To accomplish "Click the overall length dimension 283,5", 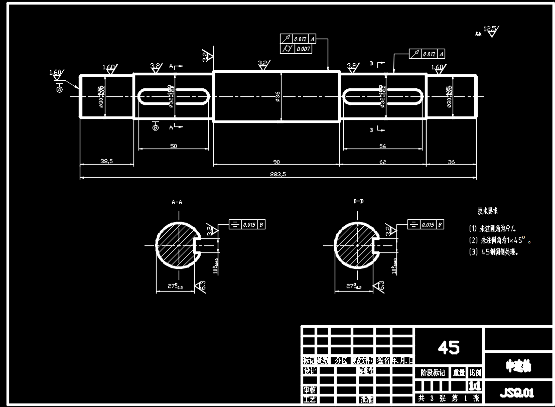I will (277, 174).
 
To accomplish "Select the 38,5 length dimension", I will (106, 161).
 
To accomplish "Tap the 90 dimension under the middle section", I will (276, 161).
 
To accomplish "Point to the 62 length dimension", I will (383, 161).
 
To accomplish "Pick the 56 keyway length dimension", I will (383, 146).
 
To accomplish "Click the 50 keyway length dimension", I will (174, 146).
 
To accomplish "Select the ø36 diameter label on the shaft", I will (277, 97).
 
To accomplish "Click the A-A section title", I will (177, 202).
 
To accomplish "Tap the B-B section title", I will (358, 202).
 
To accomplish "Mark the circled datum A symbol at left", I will (59, 89).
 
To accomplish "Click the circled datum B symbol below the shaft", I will (156, 128).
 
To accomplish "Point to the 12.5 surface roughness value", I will (490, 28).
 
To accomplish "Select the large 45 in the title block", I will (449, 347).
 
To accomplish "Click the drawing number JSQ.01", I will (517, 392).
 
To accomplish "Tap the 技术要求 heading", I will (488, 211).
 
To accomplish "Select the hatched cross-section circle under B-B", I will (353, 245).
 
